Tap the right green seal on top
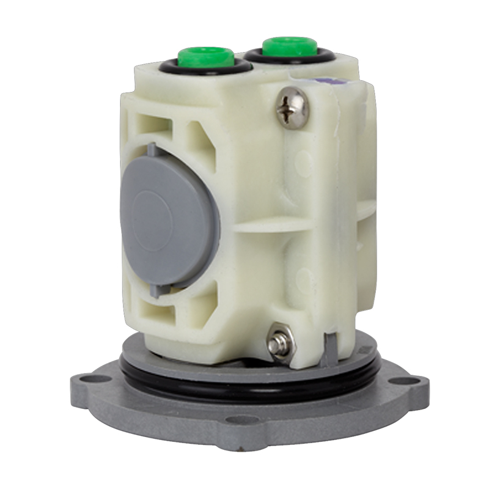pyautogui.click(x=283, y=47)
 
